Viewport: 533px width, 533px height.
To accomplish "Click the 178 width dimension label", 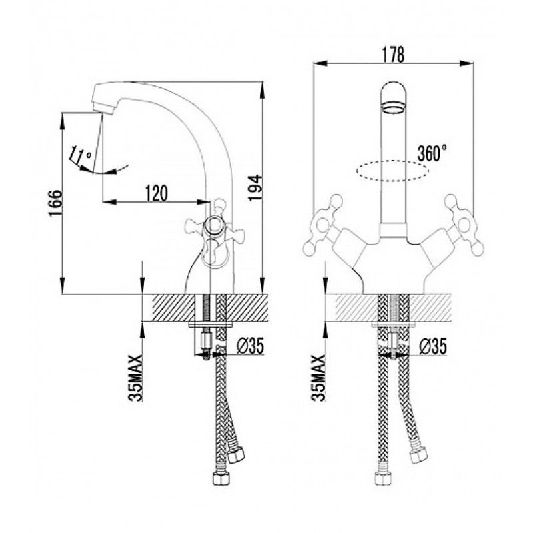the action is click(393, 55).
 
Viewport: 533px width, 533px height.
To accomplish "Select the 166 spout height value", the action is click(55, 203).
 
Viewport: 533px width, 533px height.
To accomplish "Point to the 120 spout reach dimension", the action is click(157, 193).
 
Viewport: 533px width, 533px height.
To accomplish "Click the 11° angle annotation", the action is click(80, 155).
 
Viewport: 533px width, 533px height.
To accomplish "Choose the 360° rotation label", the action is click(432, 153).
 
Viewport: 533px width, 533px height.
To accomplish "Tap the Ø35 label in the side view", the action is click(250, 346).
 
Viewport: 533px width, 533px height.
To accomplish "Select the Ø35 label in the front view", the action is click(432, 346).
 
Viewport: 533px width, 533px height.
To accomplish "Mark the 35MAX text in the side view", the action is click(136, 378).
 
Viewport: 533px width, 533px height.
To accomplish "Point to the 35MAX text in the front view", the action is click(318, 378).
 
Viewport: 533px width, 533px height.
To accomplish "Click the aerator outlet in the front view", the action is click(394, 109).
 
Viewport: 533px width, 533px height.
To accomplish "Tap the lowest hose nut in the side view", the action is click(221, 480).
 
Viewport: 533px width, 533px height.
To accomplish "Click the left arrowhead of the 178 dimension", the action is click(320, 63).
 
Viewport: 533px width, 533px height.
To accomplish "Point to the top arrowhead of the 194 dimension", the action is click(263, 89).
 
